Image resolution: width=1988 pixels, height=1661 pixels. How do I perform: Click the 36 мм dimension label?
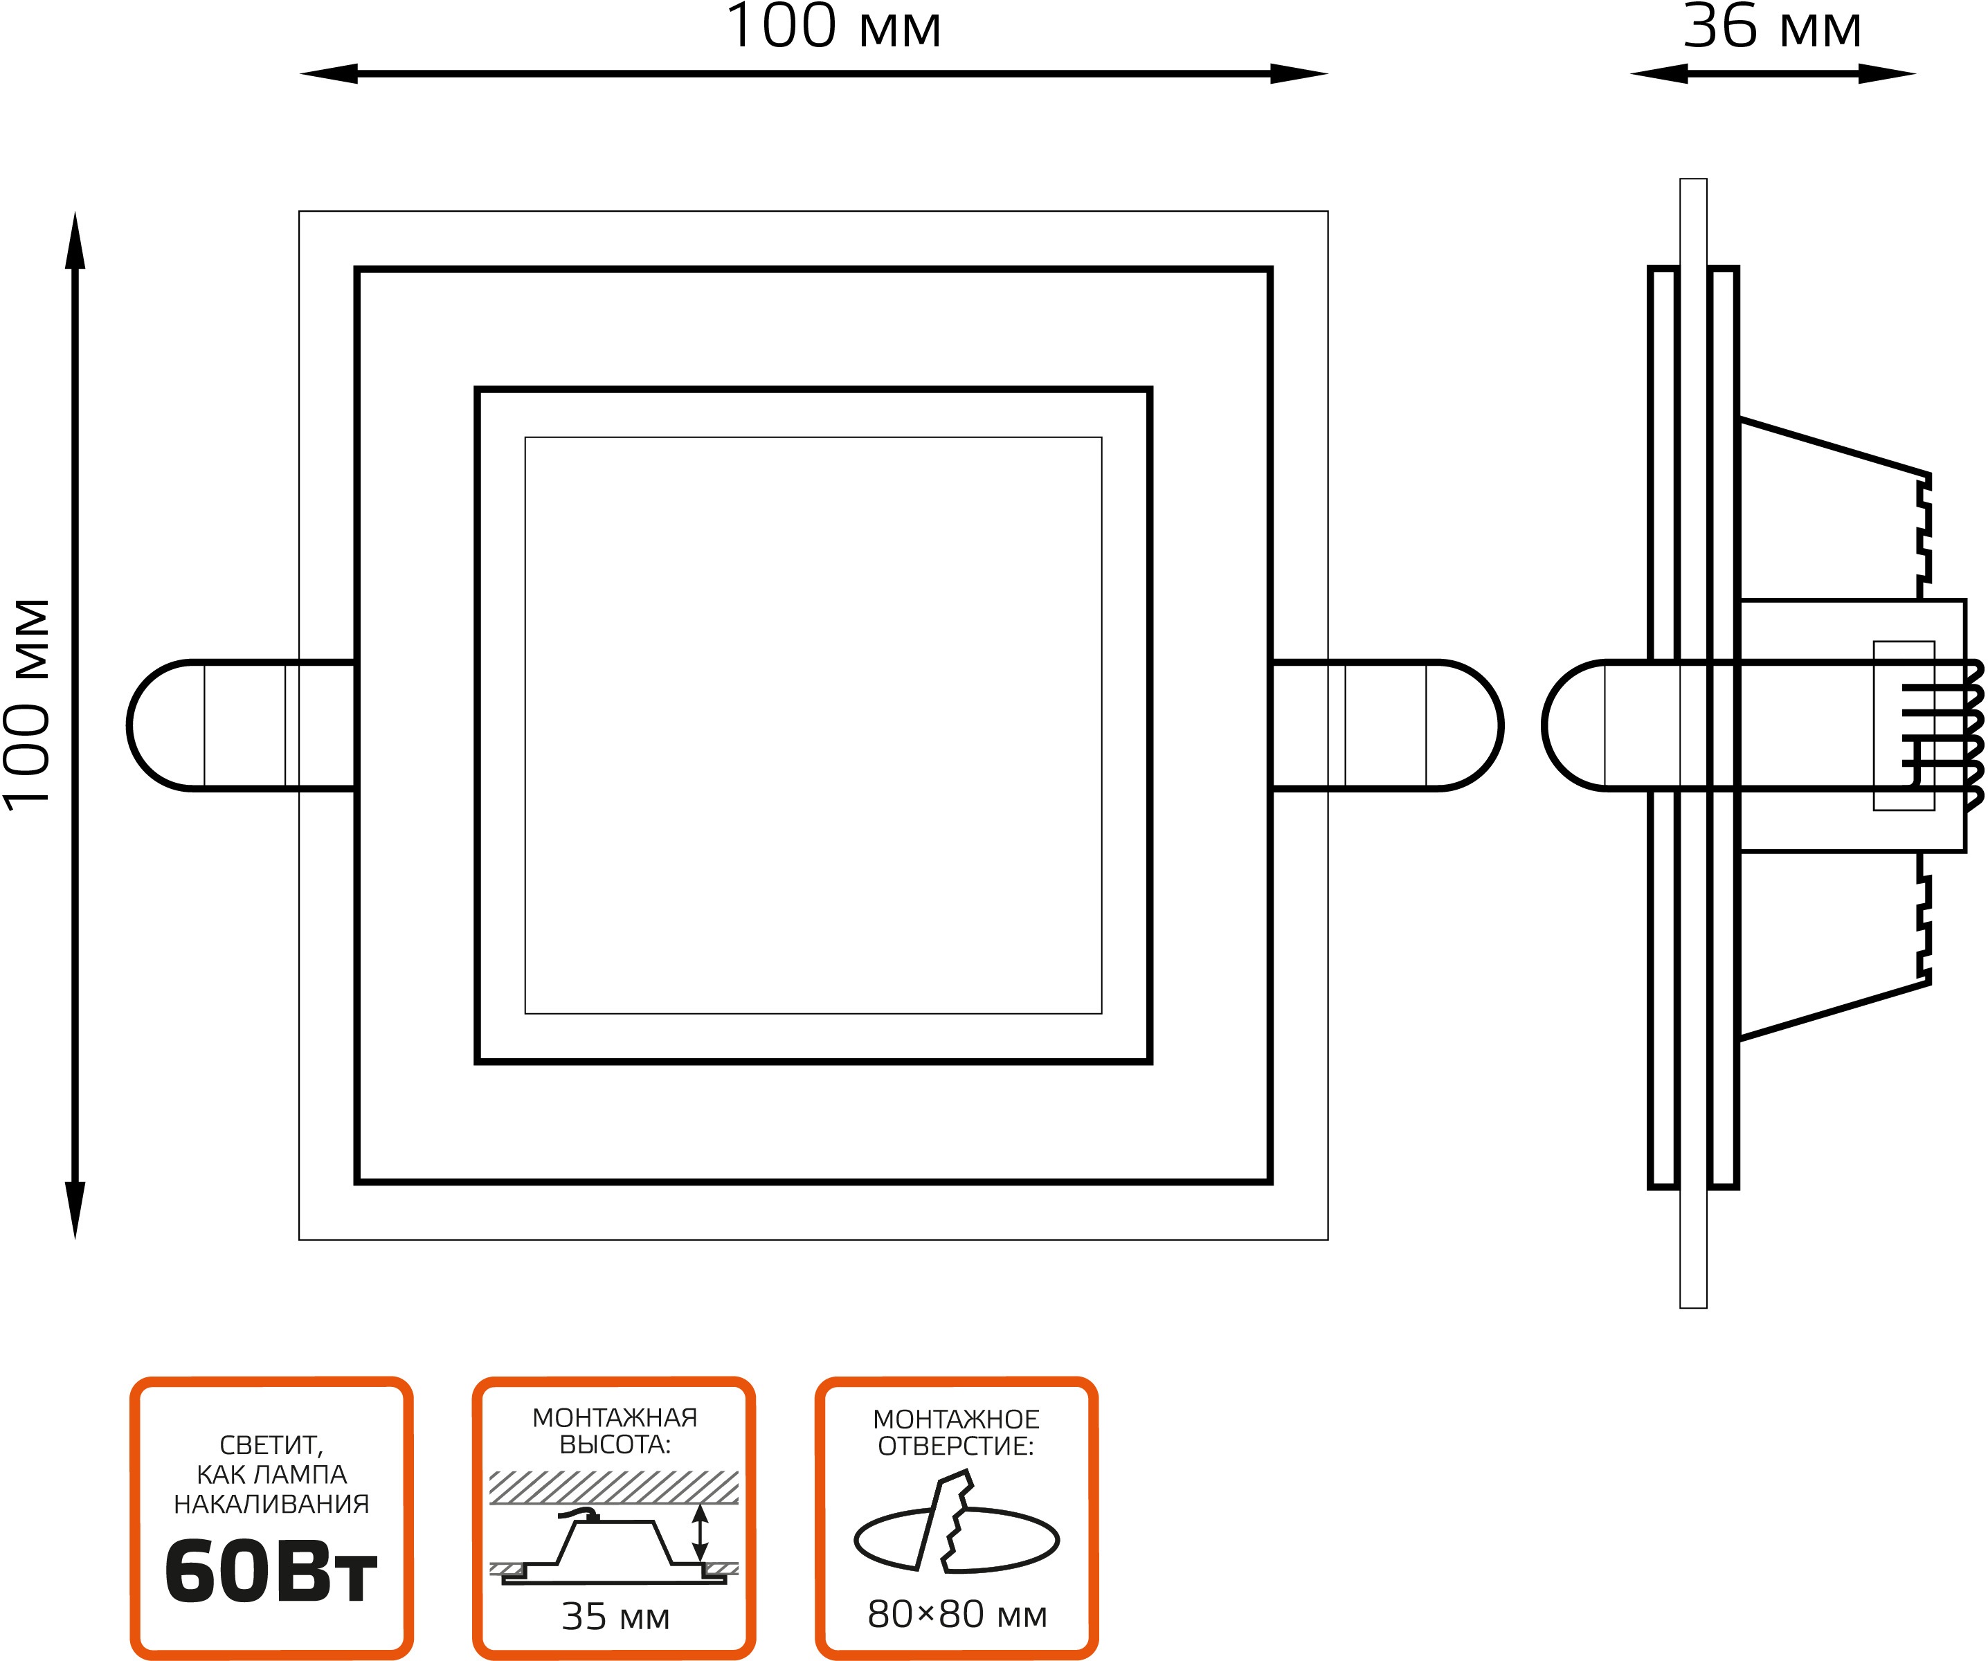click(x=1771, y=26)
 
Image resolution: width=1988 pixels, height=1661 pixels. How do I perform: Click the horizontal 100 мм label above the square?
click(x=833, y=26)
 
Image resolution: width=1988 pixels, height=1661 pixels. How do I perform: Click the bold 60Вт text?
click(x=271, y=1572)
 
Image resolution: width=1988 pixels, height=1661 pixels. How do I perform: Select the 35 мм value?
click(x=615, y=1617)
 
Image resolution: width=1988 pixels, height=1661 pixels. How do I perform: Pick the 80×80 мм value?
click(x=957, y=1615)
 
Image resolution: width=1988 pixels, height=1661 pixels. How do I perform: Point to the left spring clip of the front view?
click(x=242, y=725)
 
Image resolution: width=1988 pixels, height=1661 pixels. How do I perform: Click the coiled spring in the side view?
click(x=1973, y=736)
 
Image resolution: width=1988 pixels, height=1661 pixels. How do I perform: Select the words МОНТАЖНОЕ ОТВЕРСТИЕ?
click(x=956, y=1433)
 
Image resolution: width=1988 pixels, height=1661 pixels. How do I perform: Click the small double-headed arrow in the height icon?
click(x=700, y=1533)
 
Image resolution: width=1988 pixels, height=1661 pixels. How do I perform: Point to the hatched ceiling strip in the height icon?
click(x=613, y=1487)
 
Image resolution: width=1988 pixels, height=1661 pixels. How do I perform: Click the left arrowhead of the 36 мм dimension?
click(x=1659, y=74)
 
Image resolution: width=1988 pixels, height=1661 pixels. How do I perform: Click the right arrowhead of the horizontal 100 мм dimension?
click(x=1299, y=74)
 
